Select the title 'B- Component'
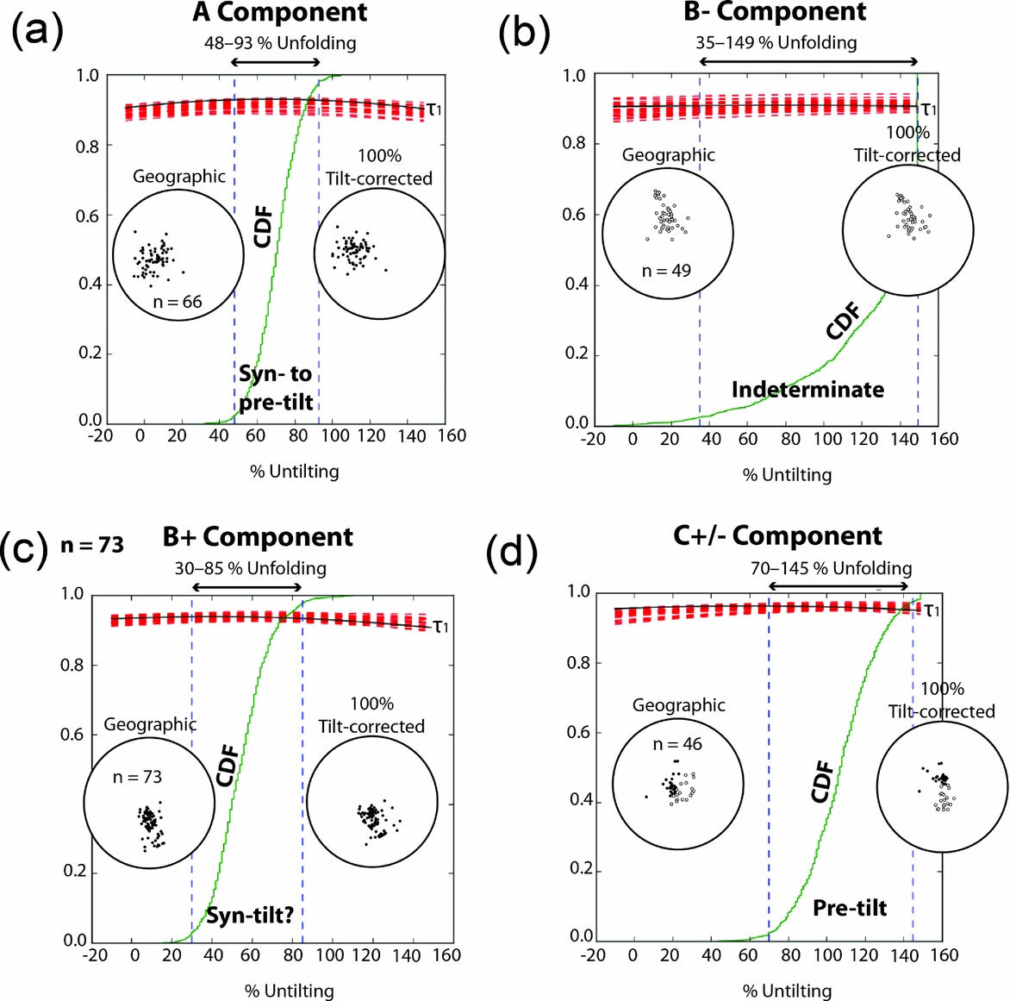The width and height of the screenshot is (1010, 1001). [776, 12]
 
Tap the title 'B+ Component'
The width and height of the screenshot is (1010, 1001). [258, 537]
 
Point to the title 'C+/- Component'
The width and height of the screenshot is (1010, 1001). [777, 535]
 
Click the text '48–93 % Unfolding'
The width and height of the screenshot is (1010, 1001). [279, 42]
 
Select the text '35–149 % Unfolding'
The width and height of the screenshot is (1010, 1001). [776, 42]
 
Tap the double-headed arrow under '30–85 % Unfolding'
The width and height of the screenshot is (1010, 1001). [246, 587]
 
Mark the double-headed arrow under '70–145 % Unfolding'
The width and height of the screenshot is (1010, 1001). [839, 585]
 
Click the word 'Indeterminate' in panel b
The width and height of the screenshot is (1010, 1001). [807, 390]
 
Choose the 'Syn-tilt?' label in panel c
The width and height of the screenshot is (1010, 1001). [250, 915]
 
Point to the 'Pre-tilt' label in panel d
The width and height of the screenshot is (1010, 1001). [850, 907]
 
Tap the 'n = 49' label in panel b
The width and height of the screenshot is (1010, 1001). [666, 271]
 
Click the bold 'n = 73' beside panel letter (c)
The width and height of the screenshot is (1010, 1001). [92, 545]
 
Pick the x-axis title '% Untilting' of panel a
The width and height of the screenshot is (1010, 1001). [295, 471]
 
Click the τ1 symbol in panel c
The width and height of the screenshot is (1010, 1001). [440, 627]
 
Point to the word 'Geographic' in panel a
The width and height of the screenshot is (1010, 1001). [179, 177]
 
